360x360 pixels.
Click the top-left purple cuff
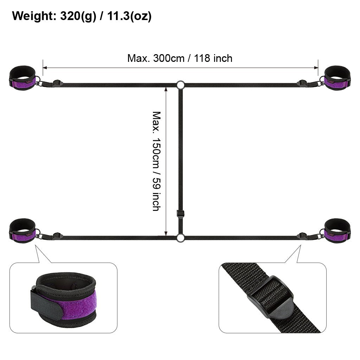coord(22,78)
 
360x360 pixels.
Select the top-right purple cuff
coord(337,78)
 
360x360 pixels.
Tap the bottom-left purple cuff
coord(22,231)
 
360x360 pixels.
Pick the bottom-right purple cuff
coord(337,231)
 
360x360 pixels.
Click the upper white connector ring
coord(180,81)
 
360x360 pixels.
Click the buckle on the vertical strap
coord(180,213)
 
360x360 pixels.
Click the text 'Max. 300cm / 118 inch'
coord(180,58)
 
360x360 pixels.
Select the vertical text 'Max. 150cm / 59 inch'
coord(156,161)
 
